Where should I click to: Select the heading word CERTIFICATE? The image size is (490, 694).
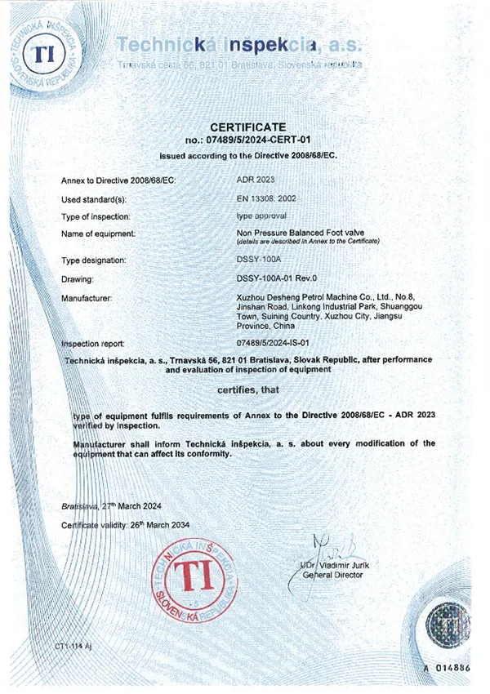click(248, 127)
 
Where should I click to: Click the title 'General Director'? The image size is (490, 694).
click(333, 575)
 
